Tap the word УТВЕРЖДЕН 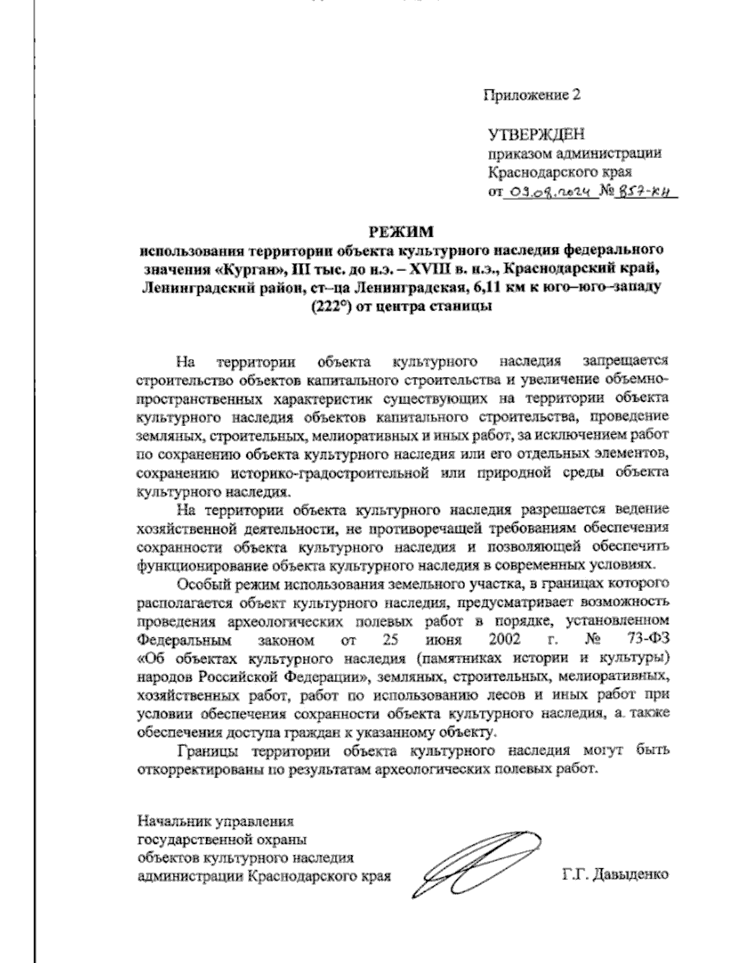click(537, 135)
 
